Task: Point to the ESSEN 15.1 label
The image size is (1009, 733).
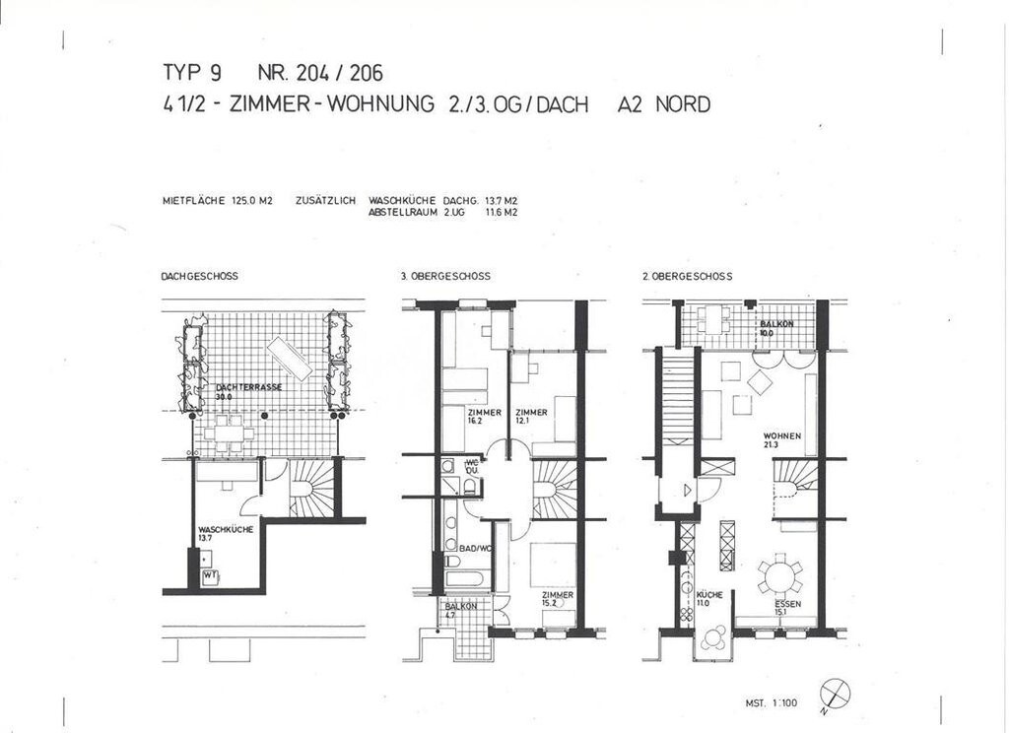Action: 786,606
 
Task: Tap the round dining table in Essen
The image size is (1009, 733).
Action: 778,574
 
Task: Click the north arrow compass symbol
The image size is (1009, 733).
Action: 834,694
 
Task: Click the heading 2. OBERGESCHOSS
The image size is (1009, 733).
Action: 688,277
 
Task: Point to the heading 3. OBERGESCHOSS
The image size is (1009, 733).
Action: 445,277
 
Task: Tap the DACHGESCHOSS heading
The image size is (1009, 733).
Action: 199,277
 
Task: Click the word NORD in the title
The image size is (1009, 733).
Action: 682,104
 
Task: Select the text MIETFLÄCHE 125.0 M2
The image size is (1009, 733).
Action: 217,200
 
